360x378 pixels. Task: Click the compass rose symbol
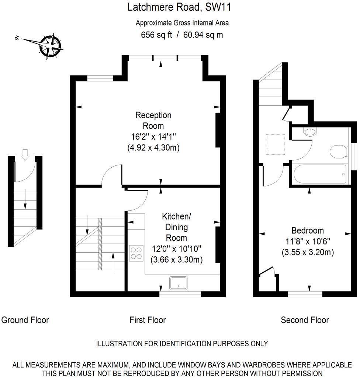[51, 46]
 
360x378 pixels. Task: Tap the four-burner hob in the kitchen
[136, 253]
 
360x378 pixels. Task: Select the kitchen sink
[178, 283]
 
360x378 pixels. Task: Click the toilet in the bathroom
[339, 151]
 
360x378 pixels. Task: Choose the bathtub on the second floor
[319, 175]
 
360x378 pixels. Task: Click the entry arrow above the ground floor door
[25, 154]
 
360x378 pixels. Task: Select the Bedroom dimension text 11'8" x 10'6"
[308, 242]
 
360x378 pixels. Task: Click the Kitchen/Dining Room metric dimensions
[176, 259]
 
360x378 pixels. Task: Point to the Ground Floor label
[25, 320]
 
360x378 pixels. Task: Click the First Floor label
[148, 320]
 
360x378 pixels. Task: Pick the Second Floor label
[305, 320]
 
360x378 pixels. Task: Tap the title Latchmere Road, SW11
[179, 7]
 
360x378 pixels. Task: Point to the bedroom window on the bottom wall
[305, 294]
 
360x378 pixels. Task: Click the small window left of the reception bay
[100, 78]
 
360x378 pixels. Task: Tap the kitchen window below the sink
[180, 294]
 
